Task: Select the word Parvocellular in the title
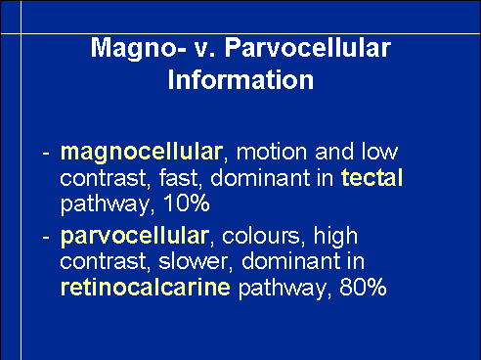tap(308, 47)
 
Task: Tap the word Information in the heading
tap(240, 79)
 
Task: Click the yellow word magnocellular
tap(142, 153)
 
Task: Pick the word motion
tap(272, 152)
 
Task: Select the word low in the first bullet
tap(379, 152)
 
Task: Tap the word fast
tap(179, 178)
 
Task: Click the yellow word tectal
tap(372, 177)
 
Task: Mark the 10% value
tap(187, 203)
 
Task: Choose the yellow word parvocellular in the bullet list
tap(135, 237)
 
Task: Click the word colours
tap(260, 236)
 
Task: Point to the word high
tap(335, 237)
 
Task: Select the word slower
tap(194, 261)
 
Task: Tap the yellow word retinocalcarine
tap(146, 287)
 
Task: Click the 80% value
tap(363, 287)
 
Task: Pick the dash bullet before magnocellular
tap(46, 153)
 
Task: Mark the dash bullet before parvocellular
tap(46, 237)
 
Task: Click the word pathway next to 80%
tap(283, 288)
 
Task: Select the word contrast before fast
tap(103, 178)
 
